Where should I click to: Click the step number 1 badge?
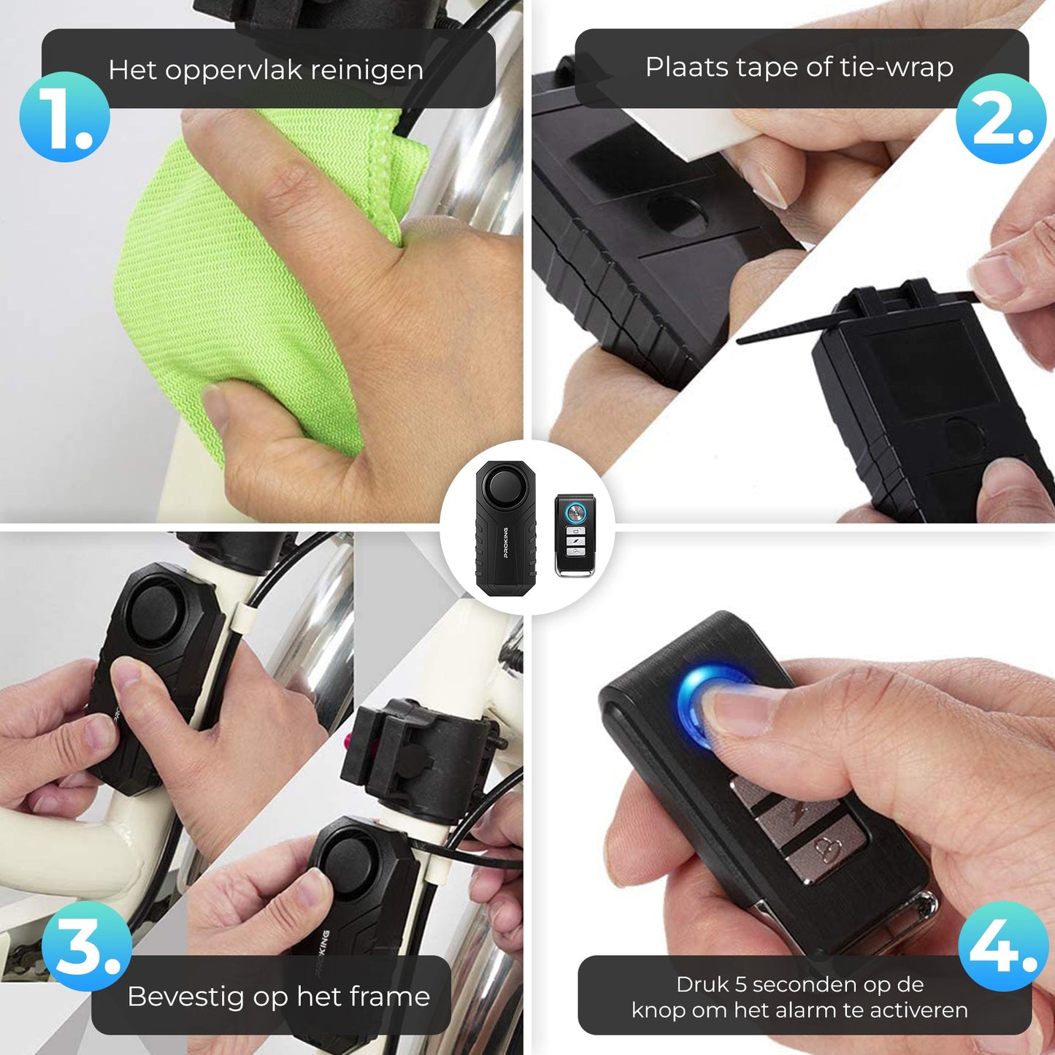click(x=64, y=117)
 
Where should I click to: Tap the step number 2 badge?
click(x=1002, y=118)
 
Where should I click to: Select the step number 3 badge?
click(x=87, y=946)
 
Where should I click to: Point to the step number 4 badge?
click(x=1004, y=946)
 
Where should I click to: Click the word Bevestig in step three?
click(x=185, y=997)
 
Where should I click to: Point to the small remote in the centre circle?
click(x=574, y=535)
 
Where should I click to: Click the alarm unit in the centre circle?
click(x=505, y=528)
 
